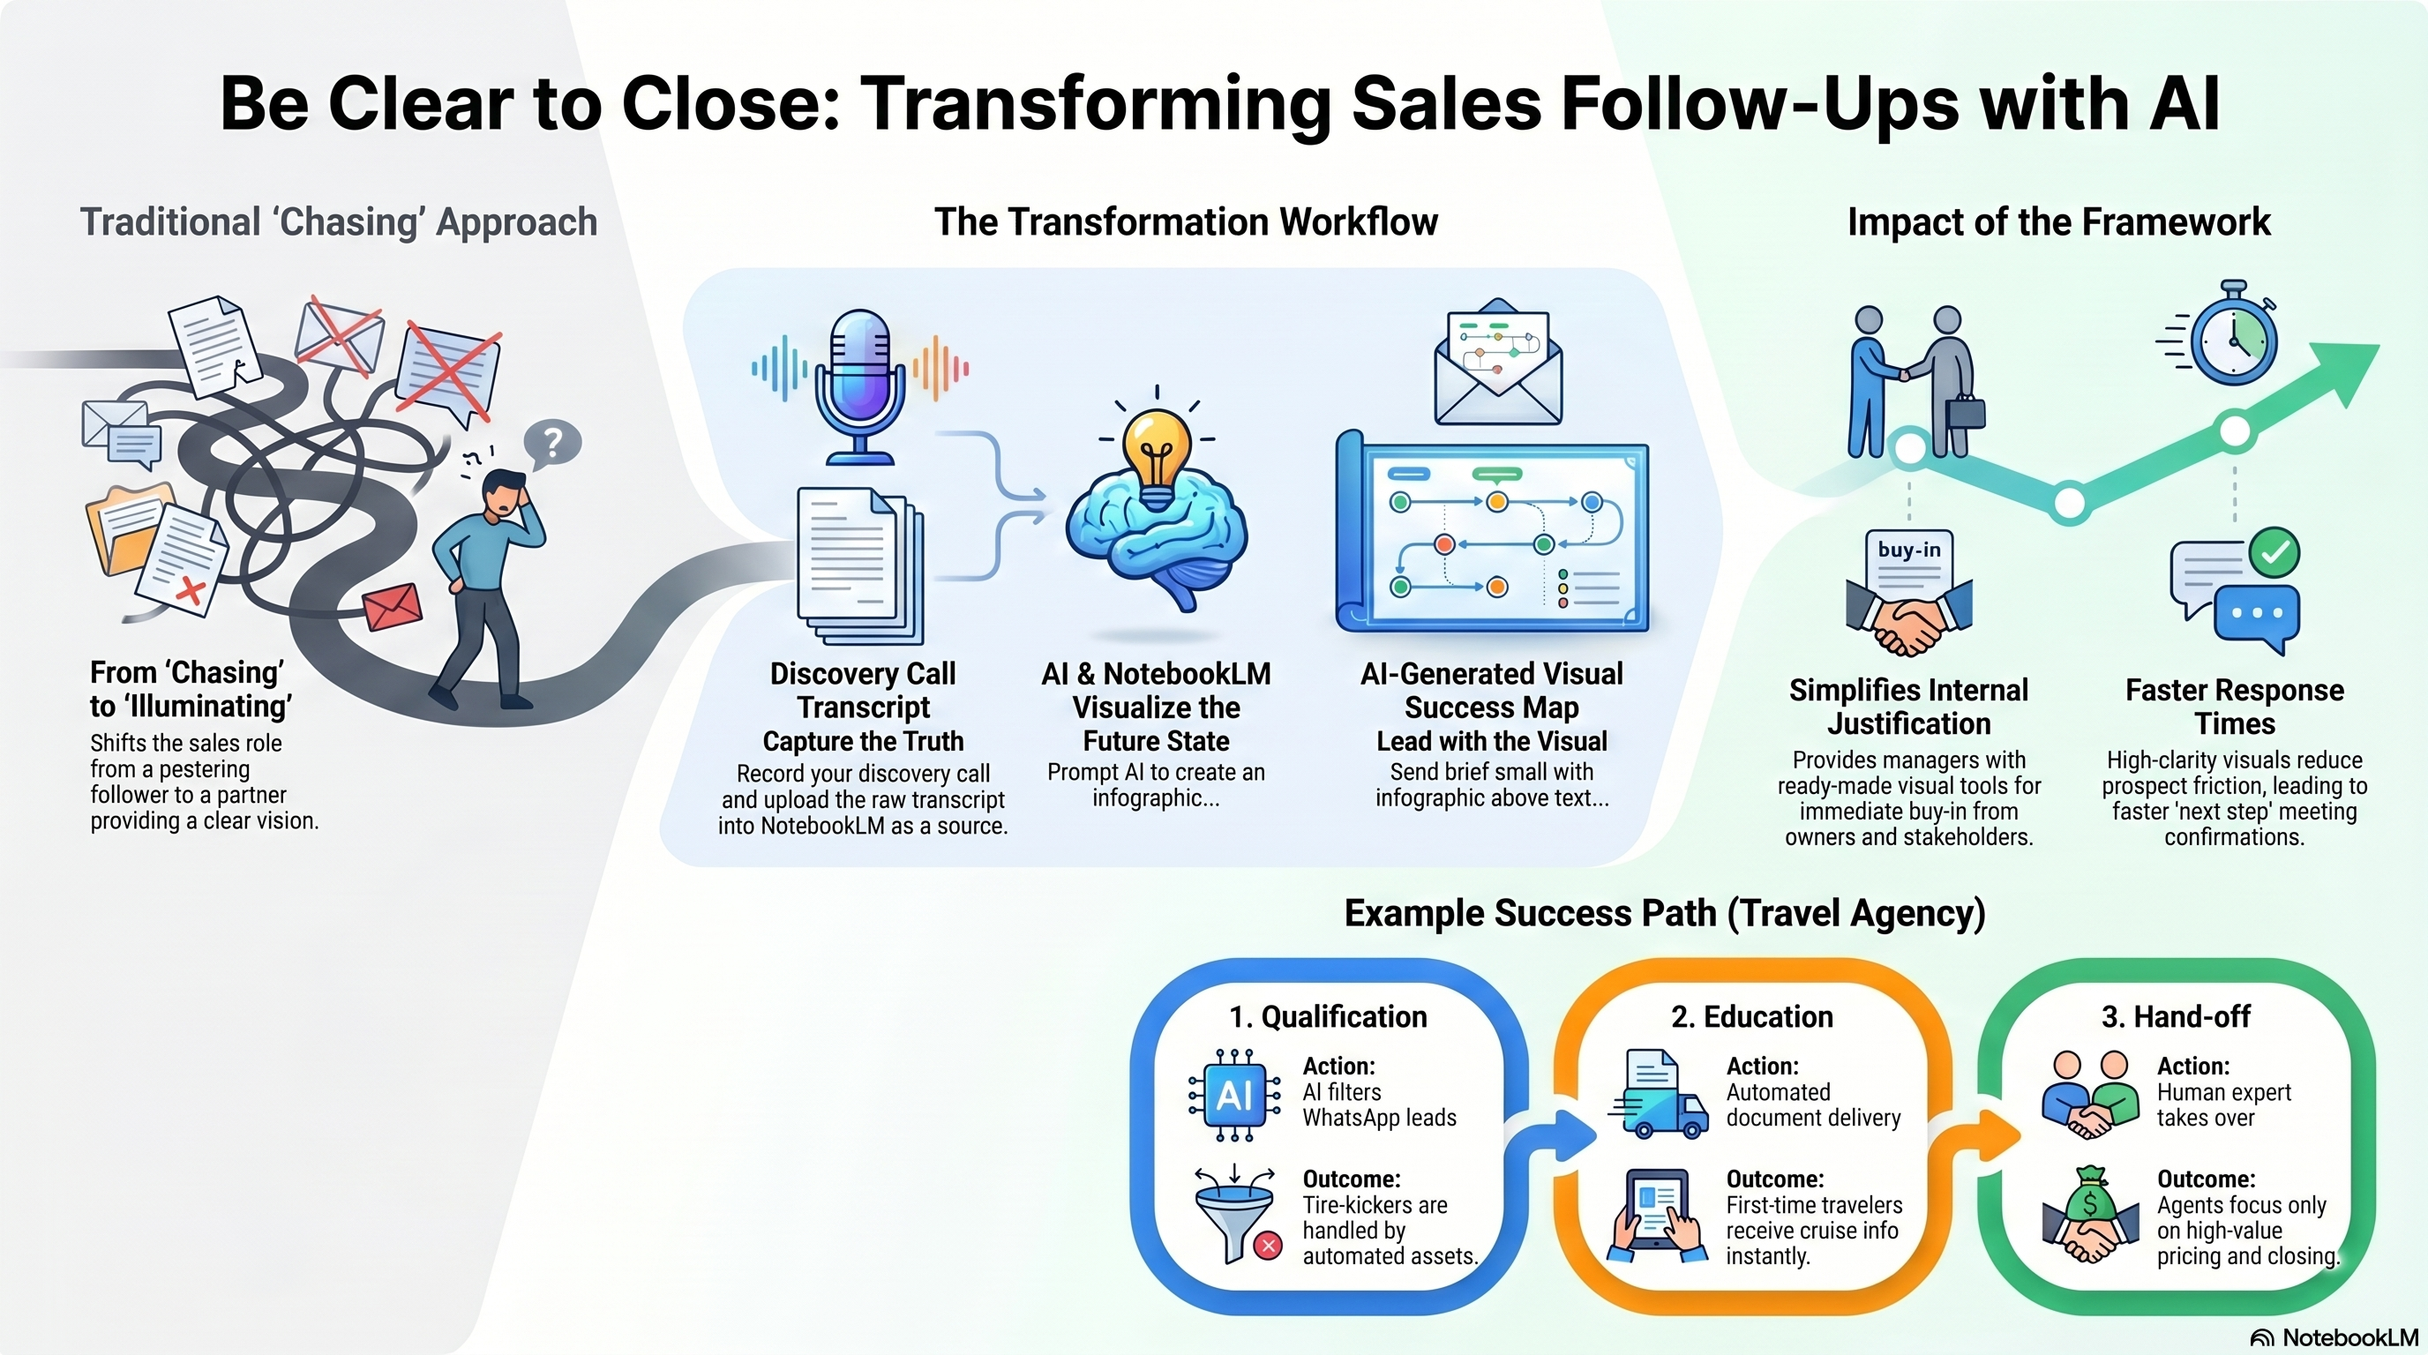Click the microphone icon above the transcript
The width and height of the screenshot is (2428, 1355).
point(858,386)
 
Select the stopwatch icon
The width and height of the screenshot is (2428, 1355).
point(2232,333)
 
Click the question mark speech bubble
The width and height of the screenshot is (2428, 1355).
point(552,444)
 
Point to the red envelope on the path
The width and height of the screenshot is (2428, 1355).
point(392,608)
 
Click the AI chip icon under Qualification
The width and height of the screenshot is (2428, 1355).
point(1233,1095)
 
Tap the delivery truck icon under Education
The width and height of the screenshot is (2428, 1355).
point(1658,1095)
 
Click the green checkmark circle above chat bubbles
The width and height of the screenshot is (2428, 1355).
point(2274,552)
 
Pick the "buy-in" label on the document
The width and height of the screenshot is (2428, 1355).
point(1908,550)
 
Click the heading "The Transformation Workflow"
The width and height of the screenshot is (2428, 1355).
point(1186,222)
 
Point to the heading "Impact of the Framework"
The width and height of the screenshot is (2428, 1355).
point(2058,222)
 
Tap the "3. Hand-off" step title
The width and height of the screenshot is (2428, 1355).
point(2176,1017)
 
